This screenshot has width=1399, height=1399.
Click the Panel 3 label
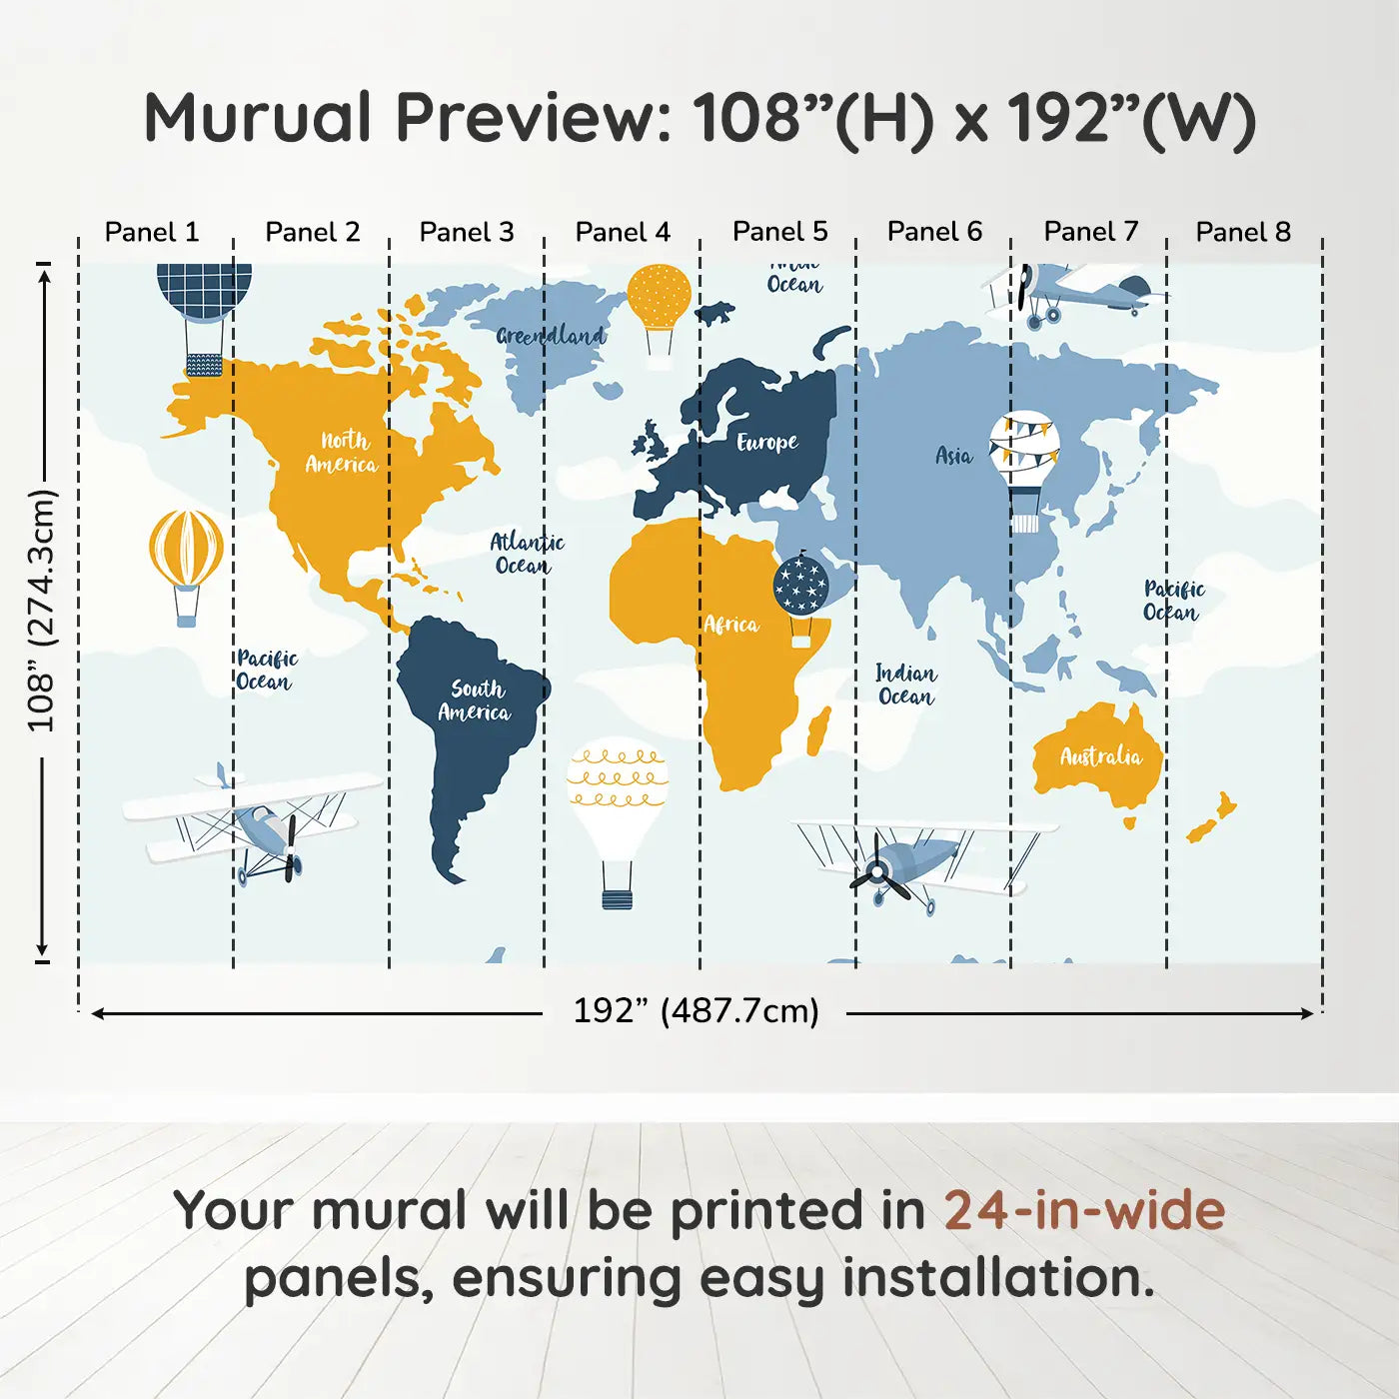[467, 232]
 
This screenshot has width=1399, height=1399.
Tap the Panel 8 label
[1243, 232]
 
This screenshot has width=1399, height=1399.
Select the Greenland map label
[551, 336]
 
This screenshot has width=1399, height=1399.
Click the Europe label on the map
[767, 442]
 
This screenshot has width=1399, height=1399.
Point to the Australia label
[1101, 756]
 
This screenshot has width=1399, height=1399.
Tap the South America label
[475, 699]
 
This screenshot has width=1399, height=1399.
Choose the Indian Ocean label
[906, 685]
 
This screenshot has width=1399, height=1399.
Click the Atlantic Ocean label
[527, 554]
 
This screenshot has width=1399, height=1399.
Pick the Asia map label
[954, 456]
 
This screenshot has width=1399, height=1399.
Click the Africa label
[731, 625]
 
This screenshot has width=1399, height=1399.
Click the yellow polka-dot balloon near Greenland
[660, 312]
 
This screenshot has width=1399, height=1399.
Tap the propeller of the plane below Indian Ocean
[879, 872]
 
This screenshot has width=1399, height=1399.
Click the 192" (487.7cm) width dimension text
[697, 1011]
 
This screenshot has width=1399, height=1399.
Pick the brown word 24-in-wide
[1084, 1211]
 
